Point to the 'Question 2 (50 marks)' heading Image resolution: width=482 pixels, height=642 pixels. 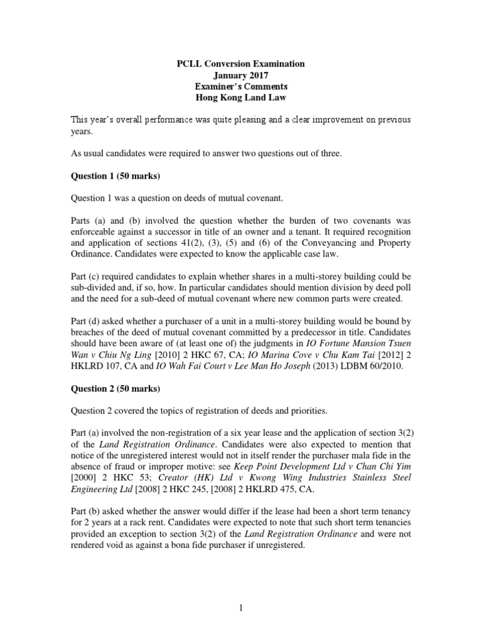pos(115,389)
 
